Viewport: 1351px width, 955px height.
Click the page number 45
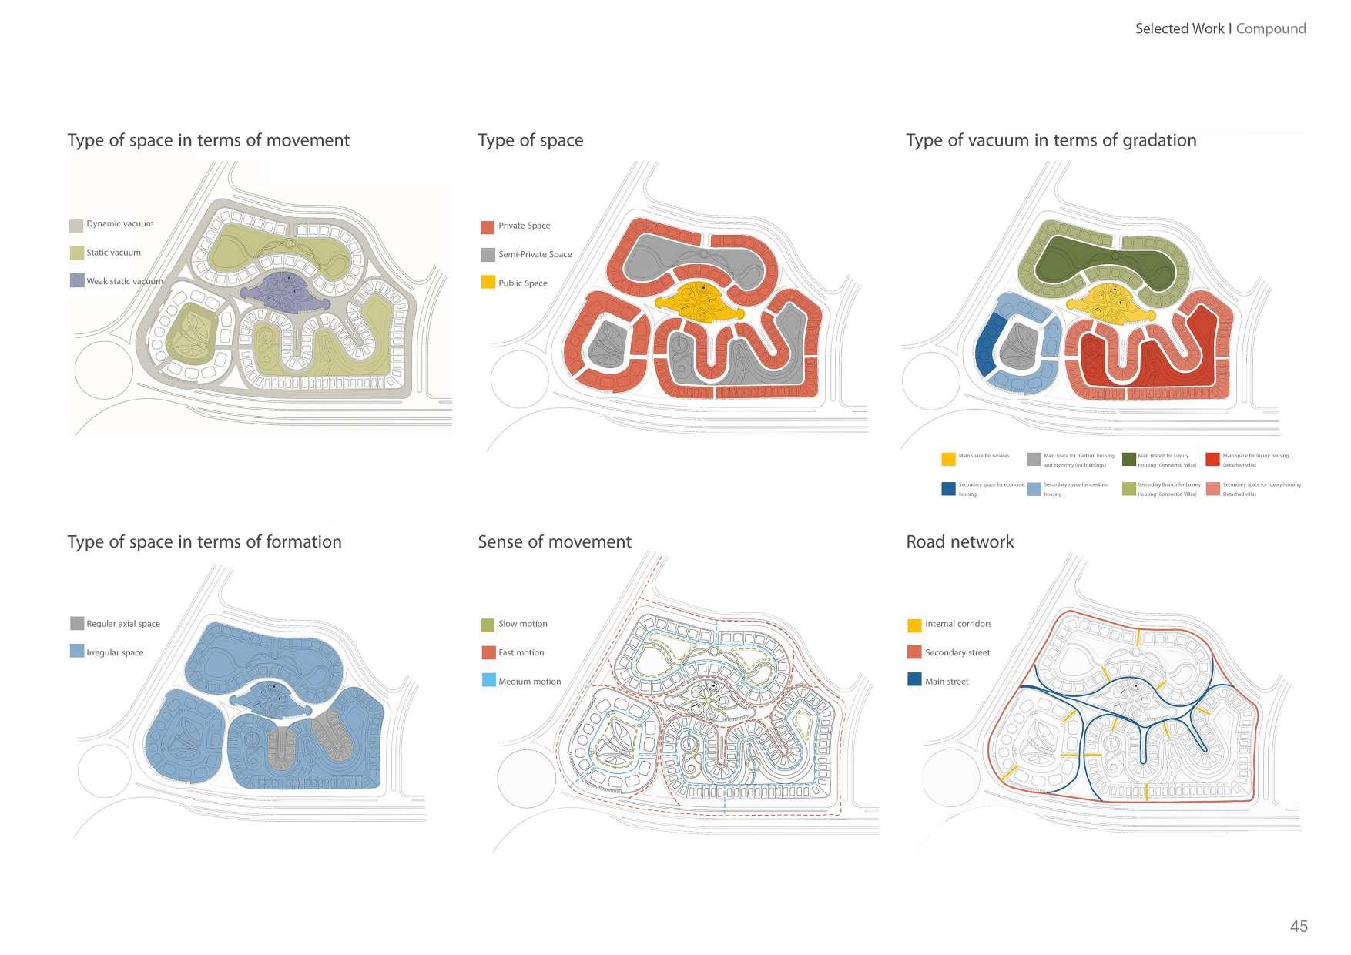pyautogui.click(x=1299, y=927)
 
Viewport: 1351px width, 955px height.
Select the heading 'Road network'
pyautogui.click(x=960, y=541)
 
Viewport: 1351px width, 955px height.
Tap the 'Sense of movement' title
pyautogui.click(x=554, y=541)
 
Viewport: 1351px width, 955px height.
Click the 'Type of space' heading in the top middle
pyautogui.click(x=530, y=140)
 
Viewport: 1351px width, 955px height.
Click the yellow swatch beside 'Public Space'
pyautogui.click(x=488, y=283)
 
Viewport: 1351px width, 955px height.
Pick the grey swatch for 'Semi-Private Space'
pyautogui.click(x=488, y=255)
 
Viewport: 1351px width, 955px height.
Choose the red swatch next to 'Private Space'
pyautogui.click(x=488, y=227)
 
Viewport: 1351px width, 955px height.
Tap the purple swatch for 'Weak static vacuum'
pyautogui.click(x=76, y=280)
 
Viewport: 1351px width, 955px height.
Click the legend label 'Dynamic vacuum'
pyautogui.click(x=120, y=224)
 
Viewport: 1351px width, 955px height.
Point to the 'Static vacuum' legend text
pyautogui.click(x=113, y=253)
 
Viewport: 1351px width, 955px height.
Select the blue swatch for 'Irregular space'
pyautogui.click(x=76, y=652)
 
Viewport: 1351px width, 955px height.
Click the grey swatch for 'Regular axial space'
pyautogui.click(x=76, y=624)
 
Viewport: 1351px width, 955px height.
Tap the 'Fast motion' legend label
pyautogui.click(x=521, y=652)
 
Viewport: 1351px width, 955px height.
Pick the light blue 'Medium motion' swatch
pyautogui.click(x=488, y=681)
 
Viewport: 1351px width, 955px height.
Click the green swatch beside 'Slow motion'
pyautogui.click(x=488, y=625)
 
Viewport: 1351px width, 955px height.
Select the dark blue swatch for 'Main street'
pyautogui.click(x=914, y=681)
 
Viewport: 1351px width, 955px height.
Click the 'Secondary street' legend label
pyautogui.click(x=957, y=652)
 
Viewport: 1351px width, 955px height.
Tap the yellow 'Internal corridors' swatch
pyautogui.click(x=914, y=625)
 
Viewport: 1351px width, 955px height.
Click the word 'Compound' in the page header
pyautogui.click(x=1271, y=28)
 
